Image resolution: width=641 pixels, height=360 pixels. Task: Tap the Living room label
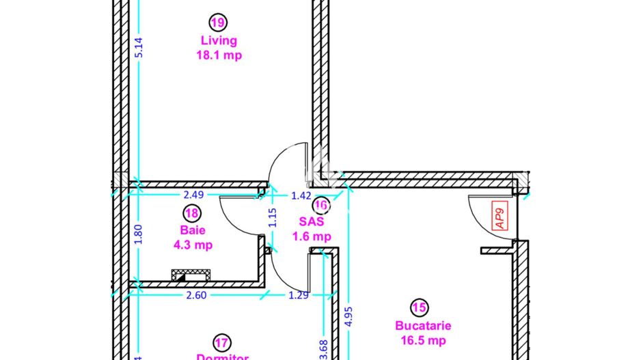coord(218,41)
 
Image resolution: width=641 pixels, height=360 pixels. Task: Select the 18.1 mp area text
coord(218,56)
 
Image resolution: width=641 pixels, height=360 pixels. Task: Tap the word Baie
coord(192,230)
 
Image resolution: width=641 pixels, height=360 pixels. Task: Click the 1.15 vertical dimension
coord(272,217)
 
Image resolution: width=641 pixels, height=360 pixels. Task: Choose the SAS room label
coord(311,222)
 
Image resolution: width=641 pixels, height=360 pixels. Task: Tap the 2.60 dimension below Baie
coord(195,295)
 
